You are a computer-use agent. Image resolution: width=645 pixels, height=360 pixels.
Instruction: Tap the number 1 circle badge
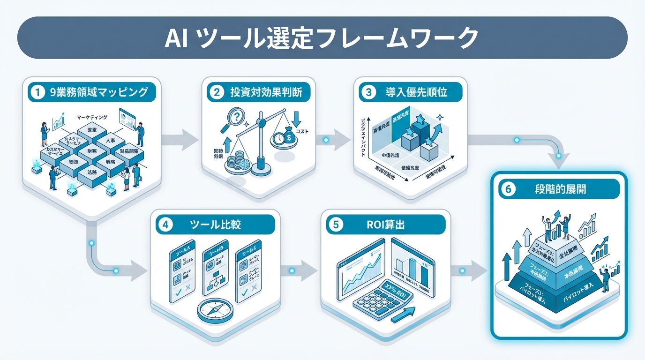(36, 92)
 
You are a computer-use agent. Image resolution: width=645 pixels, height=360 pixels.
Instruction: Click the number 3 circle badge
(368, 92)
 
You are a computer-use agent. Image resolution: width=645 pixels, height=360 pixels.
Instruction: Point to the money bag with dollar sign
(287, 136)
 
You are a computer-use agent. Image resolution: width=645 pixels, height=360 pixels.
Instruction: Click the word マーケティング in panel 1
(91, 117)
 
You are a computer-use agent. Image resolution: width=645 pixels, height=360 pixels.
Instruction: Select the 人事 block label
(111, 140)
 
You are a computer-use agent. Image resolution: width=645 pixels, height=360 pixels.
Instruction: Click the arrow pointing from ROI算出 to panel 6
(470, 271)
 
